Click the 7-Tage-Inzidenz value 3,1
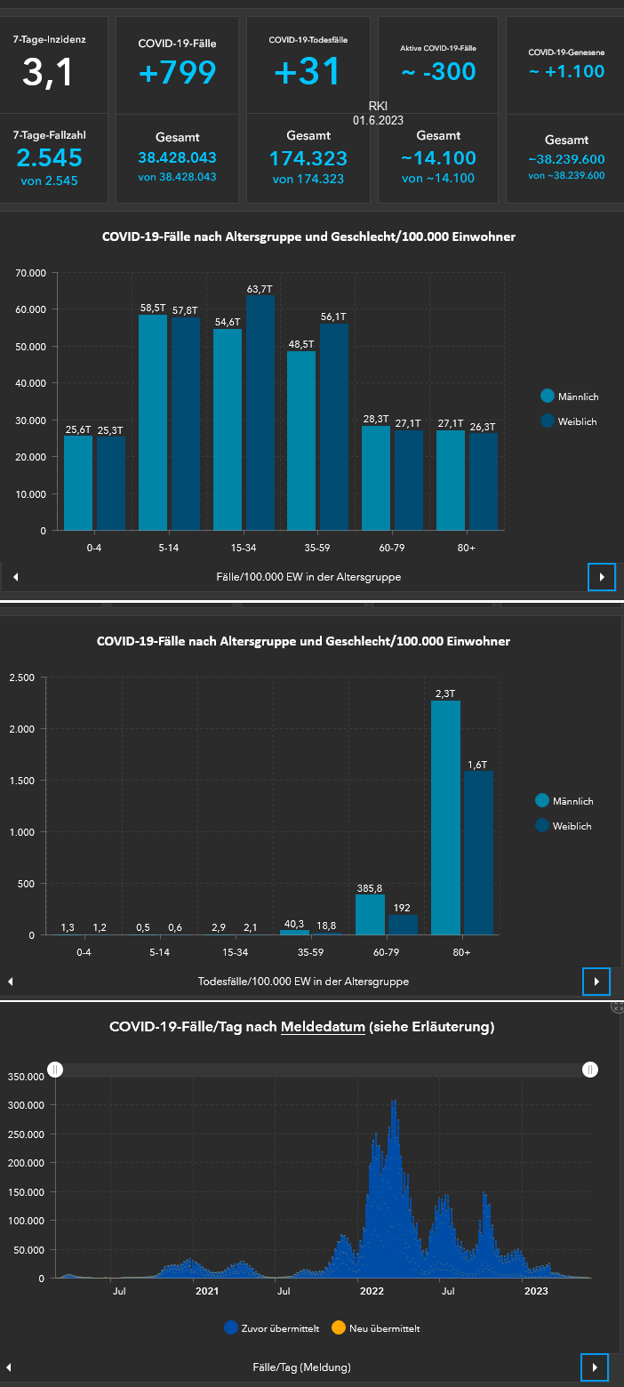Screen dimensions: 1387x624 pos(49,73)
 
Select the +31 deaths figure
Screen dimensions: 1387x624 pos(308,72)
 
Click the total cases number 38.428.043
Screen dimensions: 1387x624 pos(177,157)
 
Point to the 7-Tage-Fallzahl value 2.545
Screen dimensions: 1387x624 pos(49,157)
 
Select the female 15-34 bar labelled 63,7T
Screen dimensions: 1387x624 pos(260,413)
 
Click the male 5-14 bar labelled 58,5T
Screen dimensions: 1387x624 pos(153,422)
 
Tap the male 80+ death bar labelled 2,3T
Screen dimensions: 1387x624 pos(445,817)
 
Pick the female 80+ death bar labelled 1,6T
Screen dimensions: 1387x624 pos(478,853)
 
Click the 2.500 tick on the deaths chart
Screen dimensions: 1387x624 pos(20,678)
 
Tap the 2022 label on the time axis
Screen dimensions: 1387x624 pos(371,1291)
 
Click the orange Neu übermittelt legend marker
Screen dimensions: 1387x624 pos(338,1327)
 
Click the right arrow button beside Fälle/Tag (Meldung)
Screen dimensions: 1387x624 pos(595,1367)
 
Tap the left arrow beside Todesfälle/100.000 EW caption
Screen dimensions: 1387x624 pos(10,982)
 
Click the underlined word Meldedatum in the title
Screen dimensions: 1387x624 pos(323,1027)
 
